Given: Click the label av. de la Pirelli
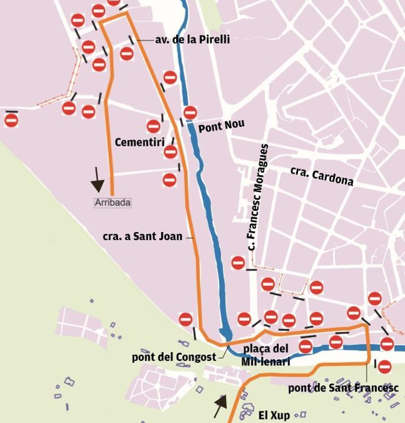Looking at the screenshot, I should [x=192, y=39].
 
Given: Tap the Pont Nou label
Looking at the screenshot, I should [x=221, y=126].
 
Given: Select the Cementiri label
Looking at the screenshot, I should [x=139, y=142].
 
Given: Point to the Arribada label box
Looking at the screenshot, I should [x=112, y=202].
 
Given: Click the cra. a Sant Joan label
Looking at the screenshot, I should [x=142, y=236].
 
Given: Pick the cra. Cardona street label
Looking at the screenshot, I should [x=322, y=176].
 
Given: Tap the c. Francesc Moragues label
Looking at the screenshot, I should [x=258, y=198].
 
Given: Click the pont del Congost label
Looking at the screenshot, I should [x=174, y=357].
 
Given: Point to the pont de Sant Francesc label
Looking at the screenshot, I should [x=343, y=388].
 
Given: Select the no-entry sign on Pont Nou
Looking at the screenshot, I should [x=190, y=113].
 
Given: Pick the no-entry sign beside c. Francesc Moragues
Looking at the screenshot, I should [x=238, y=263].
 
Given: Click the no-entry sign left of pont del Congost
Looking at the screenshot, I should [x=186, y=319].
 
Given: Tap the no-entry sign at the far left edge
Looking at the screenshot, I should [x=11, y=120].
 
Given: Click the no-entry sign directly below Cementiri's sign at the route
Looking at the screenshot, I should [x=169, y=180].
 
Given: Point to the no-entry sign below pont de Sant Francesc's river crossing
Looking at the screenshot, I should [x=384, y=367].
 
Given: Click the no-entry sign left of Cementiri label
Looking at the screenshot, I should [x=154, y=126].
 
